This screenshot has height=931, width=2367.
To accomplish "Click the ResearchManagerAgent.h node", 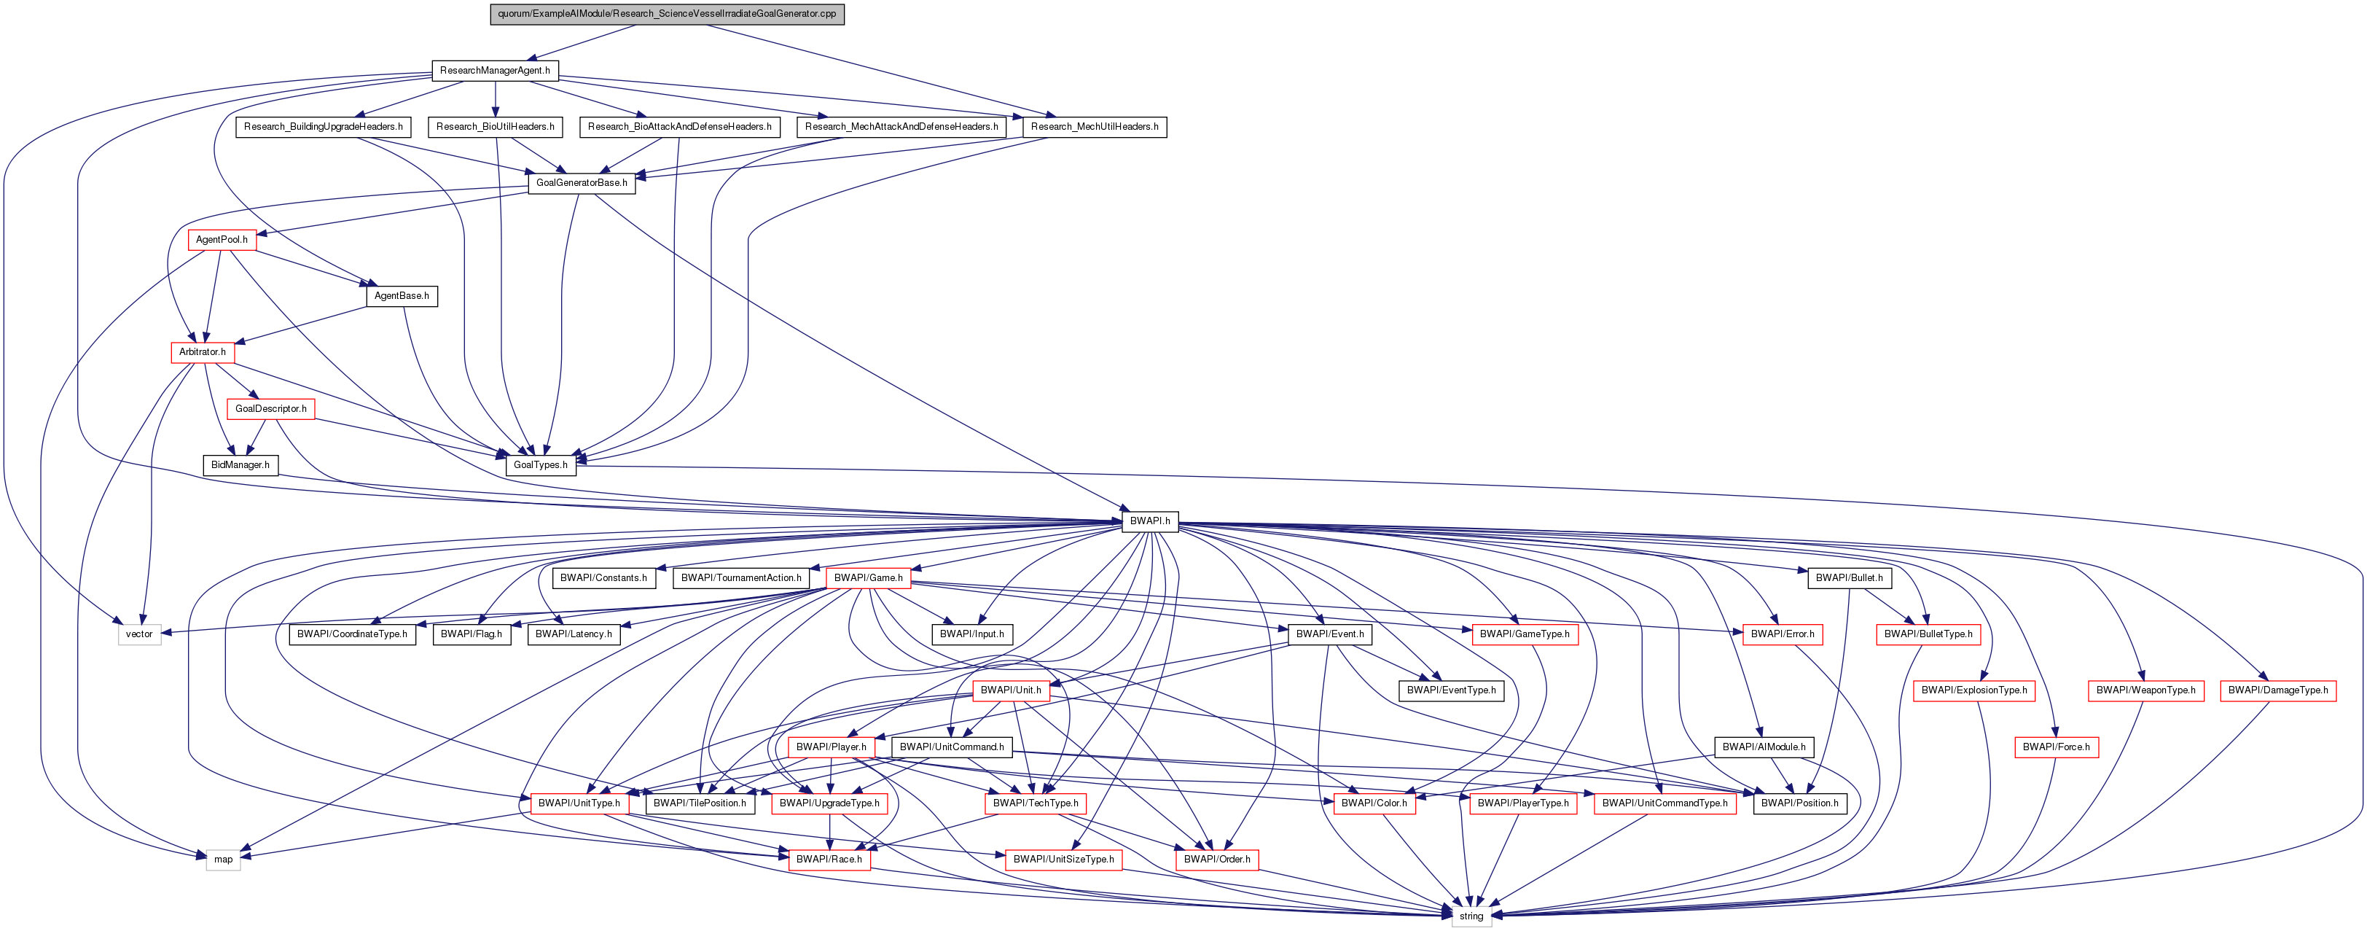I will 494,71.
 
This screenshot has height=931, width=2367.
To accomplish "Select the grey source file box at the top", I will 667,14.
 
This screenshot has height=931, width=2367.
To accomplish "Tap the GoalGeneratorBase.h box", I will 582,183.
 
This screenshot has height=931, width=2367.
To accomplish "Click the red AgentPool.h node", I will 222,240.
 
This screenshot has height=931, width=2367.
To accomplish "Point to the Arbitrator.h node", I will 202,352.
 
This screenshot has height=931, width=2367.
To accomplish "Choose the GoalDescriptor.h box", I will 271,408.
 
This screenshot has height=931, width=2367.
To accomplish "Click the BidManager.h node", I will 240,465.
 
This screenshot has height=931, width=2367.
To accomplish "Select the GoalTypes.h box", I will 540,465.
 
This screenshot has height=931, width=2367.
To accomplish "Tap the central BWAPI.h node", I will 1149,521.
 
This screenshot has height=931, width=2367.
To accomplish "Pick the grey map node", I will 223,860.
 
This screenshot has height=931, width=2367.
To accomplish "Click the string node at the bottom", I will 1471,916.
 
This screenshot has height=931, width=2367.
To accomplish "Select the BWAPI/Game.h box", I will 869,578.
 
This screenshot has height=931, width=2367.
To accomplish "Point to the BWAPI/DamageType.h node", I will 2278,690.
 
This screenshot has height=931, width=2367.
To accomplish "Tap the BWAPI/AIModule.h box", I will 1764,747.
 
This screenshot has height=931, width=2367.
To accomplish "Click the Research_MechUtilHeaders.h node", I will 1095,127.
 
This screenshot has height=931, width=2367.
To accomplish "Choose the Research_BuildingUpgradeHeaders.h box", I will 324,127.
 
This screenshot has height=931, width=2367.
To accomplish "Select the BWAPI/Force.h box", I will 2056,747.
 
